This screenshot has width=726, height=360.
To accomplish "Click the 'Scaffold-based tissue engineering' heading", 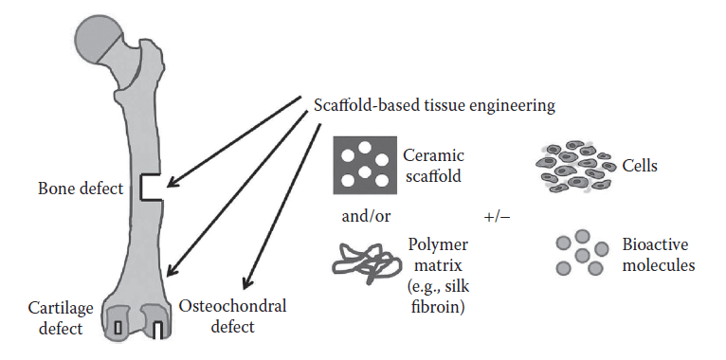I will (433, 104).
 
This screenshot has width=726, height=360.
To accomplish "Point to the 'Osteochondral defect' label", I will (232, 317).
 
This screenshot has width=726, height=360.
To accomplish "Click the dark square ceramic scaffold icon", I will (359, 164).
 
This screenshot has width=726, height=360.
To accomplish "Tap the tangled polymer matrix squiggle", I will (357, 256).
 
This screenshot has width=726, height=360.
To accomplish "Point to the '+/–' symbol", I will (498, 215).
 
